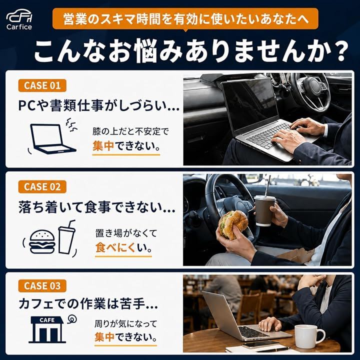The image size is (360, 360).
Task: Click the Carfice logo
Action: [19, 19]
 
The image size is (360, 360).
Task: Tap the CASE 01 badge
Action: [42, 85]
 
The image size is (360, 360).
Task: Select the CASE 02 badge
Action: [42, 186]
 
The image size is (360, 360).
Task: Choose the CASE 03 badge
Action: [42, 286]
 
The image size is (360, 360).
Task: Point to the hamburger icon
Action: [42, 242]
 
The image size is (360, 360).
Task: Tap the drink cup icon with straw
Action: [66, 237]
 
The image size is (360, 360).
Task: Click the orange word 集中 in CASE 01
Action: [103, 146]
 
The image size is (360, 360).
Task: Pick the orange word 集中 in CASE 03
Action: [104, 337]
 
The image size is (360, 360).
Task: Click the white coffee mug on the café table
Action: [310, 336]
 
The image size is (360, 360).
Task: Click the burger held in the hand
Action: [233, 224]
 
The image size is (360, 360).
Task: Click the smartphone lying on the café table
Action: [260, 344]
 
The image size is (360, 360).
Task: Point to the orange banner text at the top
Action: [185, 19]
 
